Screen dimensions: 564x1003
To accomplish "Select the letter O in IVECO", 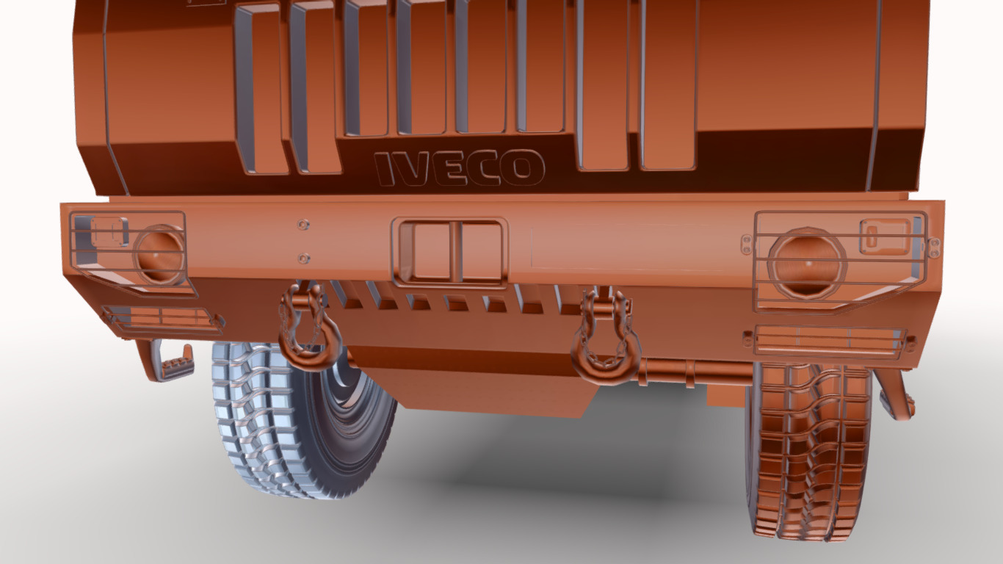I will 522,167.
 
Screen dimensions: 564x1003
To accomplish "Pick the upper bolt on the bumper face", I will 303,223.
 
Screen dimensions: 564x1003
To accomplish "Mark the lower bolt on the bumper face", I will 303,258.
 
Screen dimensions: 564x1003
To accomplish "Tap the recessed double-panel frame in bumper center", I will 449,251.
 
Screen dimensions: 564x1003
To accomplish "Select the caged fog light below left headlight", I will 162,319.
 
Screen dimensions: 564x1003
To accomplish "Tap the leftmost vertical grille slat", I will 261,88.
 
